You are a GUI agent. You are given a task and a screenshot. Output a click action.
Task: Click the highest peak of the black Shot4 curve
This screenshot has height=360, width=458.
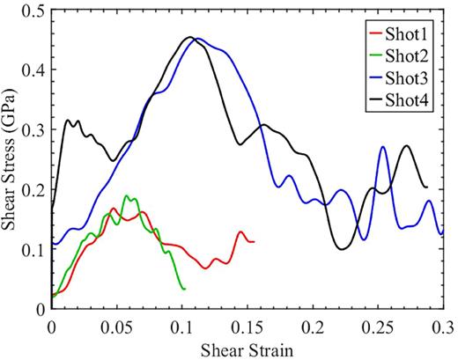coord(189,38)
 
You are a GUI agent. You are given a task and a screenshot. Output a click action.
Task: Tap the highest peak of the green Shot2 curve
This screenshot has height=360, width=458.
coord(127,195)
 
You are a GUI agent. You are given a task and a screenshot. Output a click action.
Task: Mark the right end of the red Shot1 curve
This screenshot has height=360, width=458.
coord(254,241)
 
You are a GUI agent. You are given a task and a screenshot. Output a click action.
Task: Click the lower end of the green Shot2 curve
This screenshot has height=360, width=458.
coord(183,289)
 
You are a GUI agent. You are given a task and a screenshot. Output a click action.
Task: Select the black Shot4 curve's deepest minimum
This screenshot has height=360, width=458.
coord(342,249)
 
